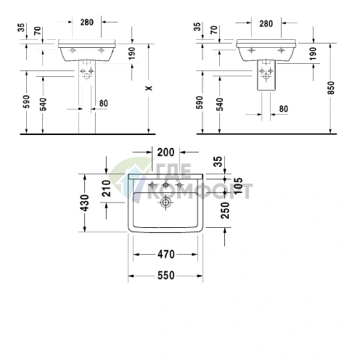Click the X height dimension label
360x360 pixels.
(147, 87)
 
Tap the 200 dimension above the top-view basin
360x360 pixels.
(165, 152)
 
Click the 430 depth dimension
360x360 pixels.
(86, 203)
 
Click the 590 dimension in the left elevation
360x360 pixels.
(25, 103)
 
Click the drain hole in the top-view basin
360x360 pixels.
(165, 204)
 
